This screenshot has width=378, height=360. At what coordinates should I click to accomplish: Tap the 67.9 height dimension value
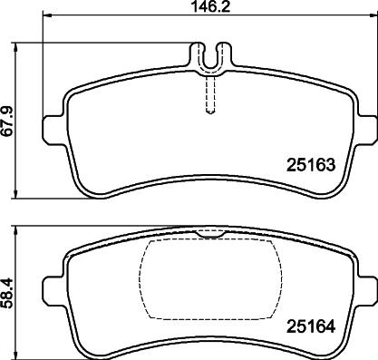click(x=8, y=121)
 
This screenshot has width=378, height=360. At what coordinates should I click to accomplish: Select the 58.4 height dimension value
click(x=8, y=292)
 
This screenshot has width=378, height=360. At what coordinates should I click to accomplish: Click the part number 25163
click(x=311, y=165)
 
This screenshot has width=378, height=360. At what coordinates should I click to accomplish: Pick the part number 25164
click(x=311, y=326)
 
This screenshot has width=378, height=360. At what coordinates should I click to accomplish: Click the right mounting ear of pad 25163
click(x=366, y=130)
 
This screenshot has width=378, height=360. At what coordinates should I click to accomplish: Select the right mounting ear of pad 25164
click(x=366, y=291)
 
